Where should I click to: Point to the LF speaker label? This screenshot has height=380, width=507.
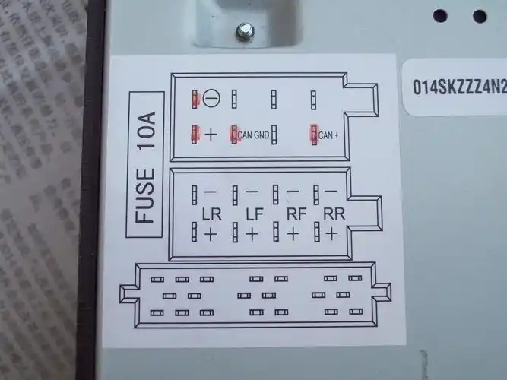click(x=253, y=215)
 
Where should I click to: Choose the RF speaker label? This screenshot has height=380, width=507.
click(x=294, y=215)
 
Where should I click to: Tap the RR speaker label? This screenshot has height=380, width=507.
click(x=332, y=215)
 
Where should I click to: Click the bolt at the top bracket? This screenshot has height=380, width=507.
click(x=245, y=31)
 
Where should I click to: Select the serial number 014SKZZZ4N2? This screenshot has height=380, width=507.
click(x=458, y=85)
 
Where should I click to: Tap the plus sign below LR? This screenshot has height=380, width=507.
click(x=211, y=234)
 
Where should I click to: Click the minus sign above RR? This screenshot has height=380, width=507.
click(x=331, y=192)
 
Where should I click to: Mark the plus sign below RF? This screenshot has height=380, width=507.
click(x=293, y=234)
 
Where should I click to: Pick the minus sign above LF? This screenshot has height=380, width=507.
click(x=252, y=192)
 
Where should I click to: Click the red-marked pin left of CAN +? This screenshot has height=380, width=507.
click(x=313, y=135)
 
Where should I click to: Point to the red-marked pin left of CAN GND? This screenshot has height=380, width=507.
click(x=234, y=135)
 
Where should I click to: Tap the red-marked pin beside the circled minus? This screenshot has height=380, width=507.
click(x=195, y=98)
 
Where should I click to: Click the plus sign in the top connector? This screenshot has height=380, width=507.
click(x=211, y=135)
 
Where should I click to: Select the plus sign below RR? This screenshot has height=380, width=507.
click(x=331, y=234)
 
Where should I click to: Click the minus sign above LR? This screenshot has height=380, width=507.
click(x=210, y=192)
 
